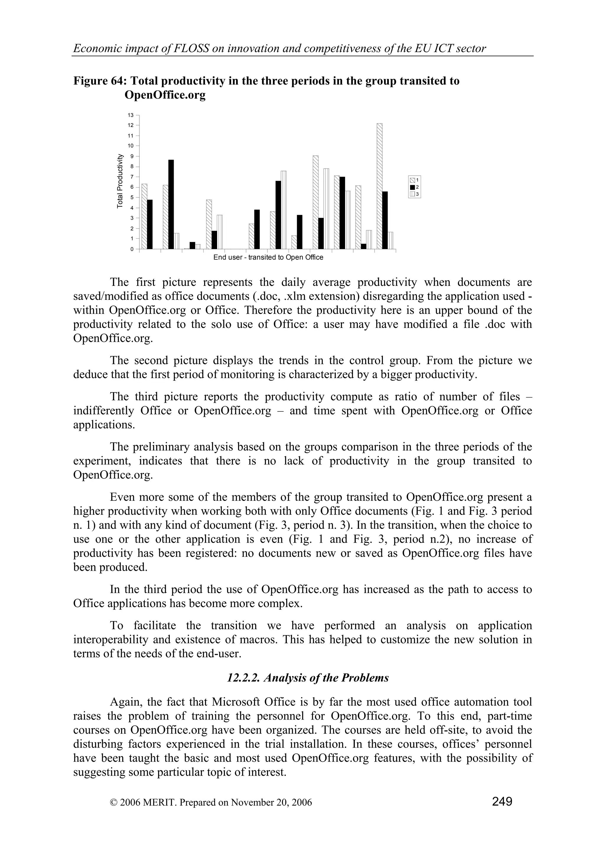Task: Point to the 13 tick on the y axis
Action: coord(131,115)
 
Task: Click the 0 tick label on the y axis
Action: coord(132,249)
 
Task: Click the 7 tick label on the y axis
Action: coord(132,177)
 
